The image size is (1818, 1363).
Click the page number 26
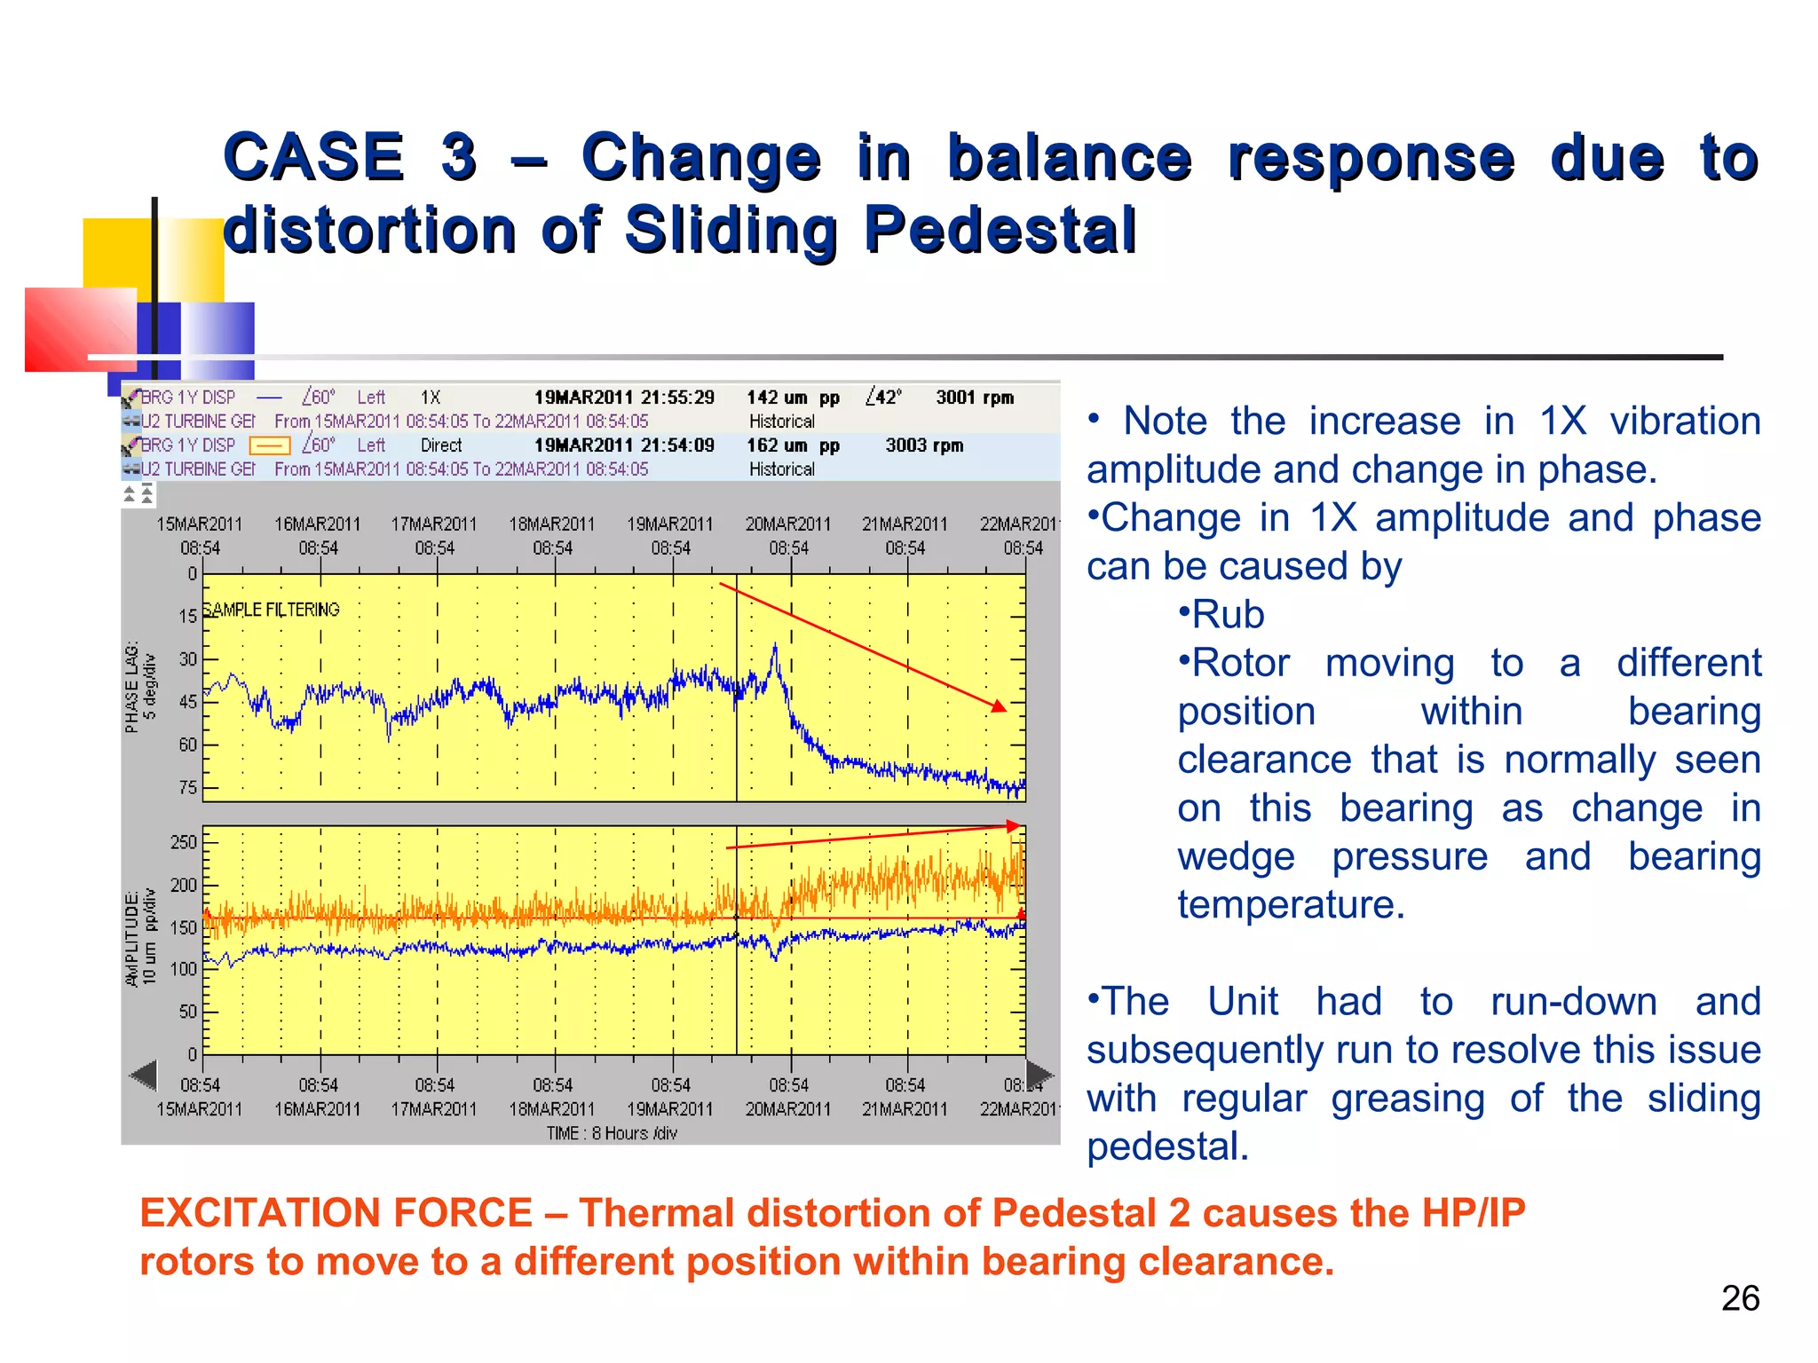[1740, 1298]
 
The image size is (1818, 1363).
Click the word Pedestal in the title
[1000, 230]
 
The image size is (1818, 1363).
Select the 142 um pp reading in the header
[792, 398]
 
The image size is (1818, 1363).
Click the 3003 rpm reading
[924, 445]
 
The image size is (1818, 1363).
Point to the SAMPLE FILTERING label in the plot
[272, 610]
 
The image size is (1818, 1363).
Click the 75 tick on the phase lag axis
[188, 787]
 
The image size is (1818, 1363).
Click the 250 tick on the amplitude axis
[184, 841]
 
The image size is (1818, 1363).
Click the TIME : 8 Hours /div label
[612, 1133]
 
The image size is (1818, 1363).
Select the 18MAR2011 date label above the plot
[551, 524]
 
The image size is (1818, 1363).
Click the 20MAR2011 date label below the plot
[787, 1109]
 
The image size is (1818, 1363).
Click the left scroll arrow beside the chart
[143, 1075]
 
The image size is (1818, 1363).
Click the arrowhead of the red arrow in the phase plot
[1000, 706]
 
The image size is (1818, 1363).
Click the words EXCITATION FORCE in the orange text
[336, 1213]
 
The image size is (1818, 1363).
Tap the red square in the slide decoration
[80, 328]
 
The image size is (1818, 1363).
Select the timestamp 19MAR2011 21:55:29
[623, 398]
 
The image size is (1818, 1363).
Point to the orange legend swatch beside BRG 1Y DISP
[269, 445]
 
